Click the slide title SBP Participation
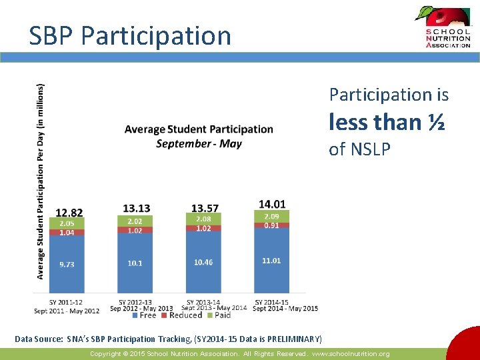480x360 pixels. pyautogui.click(x=130, y=35)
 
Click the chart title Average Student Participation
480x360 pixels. pyautogui.click(x=199, y=129)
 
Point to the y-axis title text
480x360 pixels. pyautogui.click(x=41, y=181)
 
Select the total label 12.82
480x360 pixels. pyautogui.click(x=69, y=213)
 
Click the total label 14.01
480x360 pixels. pyautogui.click(x=272, y=204)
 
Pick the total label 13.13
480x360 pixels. pyautogui.click(x=137, y=209)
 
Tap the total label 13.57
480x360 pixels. pyautogui.click(x=204, y=209)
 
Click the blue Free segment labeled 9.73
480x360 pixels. pyautogui.click(x=67, y=264)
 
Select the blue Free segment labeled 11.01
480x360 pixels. pyautogui.click(x=271, y=261)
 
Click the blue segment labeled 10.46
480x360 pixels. pyautogui.click(x=203, y=262)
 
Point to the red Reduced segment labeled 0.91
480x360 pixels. pyautogui.click(x=271, y=225)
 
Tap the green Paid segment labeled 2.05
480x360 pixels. pyautogui.click(x=67, y=223)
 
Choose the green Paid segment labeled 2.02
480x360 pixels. pyautogui.click(x=135, y=221)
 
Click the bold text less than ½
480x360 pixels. pyautogui.click(x=387, y=122)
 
